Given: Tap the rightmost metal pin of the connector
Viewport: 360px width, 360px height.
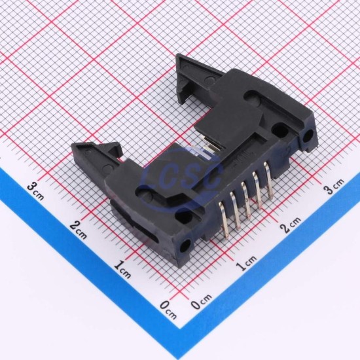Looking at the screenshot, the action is pyautogui.click(x=268, y=181).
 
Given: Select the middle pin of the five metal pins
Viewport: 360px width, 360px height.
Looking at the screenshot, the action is pyautogui.click(x=245, y=200).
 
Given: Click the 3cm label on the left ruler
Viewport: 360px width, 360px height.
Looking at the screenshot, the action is pyautogui.click(x=35, y=191).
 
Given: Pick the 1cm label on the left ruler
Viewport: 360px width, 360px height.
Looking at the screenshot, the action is pyautogui.click(x=122, y=269).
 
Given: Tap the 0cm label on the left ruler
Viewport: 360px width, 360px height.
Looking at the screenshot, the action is pyautogui.click(x=168, y=310).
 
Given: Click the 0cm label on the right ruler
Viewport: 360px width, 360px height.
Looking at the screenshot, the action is pyautogui.click(x=202, y=301).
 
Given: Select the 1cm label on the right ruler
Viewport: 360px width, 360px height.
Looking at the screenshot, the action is pyautogui.click(x=246, y=263).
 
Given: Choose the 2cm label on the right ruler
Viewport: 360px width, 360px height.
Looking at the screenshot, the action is pyautogui.click(x=291, y=225).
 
